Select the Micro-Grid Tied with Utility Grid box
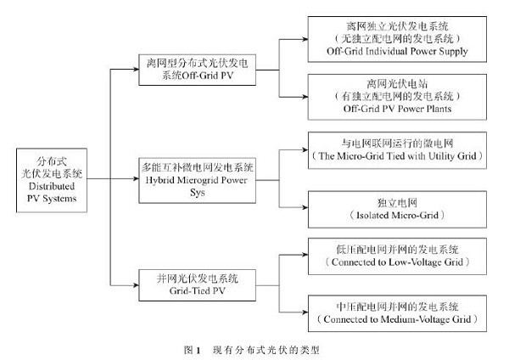point(396,150)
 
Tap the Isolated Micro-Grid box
point(396,208)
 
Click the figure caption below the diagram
point(255,348)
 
